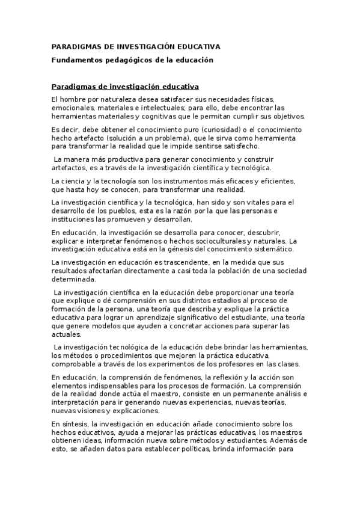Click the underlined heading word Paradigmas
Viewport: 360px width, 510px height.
click(x=75, y=87)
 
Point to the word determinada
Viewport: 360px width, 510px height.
click(x=73, y=279)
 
